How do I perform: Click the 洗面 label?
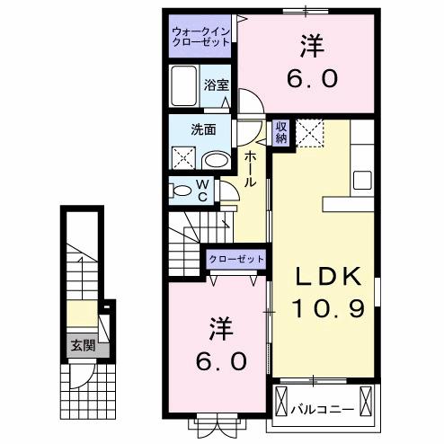pos(202,129)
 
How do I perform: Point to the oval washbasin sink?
pos(215,160)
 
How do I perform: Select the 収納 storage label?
pos(281,132)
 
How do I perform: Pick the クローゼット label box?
pos(237,259)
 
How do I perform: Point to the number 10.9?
pos(326,310)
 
